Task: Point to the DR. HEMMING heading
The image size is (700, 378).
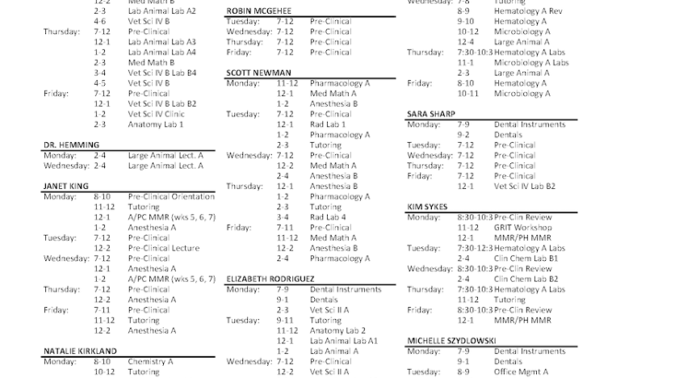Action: (64, 145)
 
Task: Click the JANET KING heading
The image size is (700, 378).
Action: (65, 186)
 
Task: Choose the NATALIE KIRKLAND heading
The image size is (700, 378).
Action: (80, 351)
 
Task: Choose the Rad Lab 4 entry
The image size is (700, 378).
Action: (328, 217)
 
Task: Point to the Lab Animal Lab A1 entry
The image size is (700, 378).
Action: (344, 340)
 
